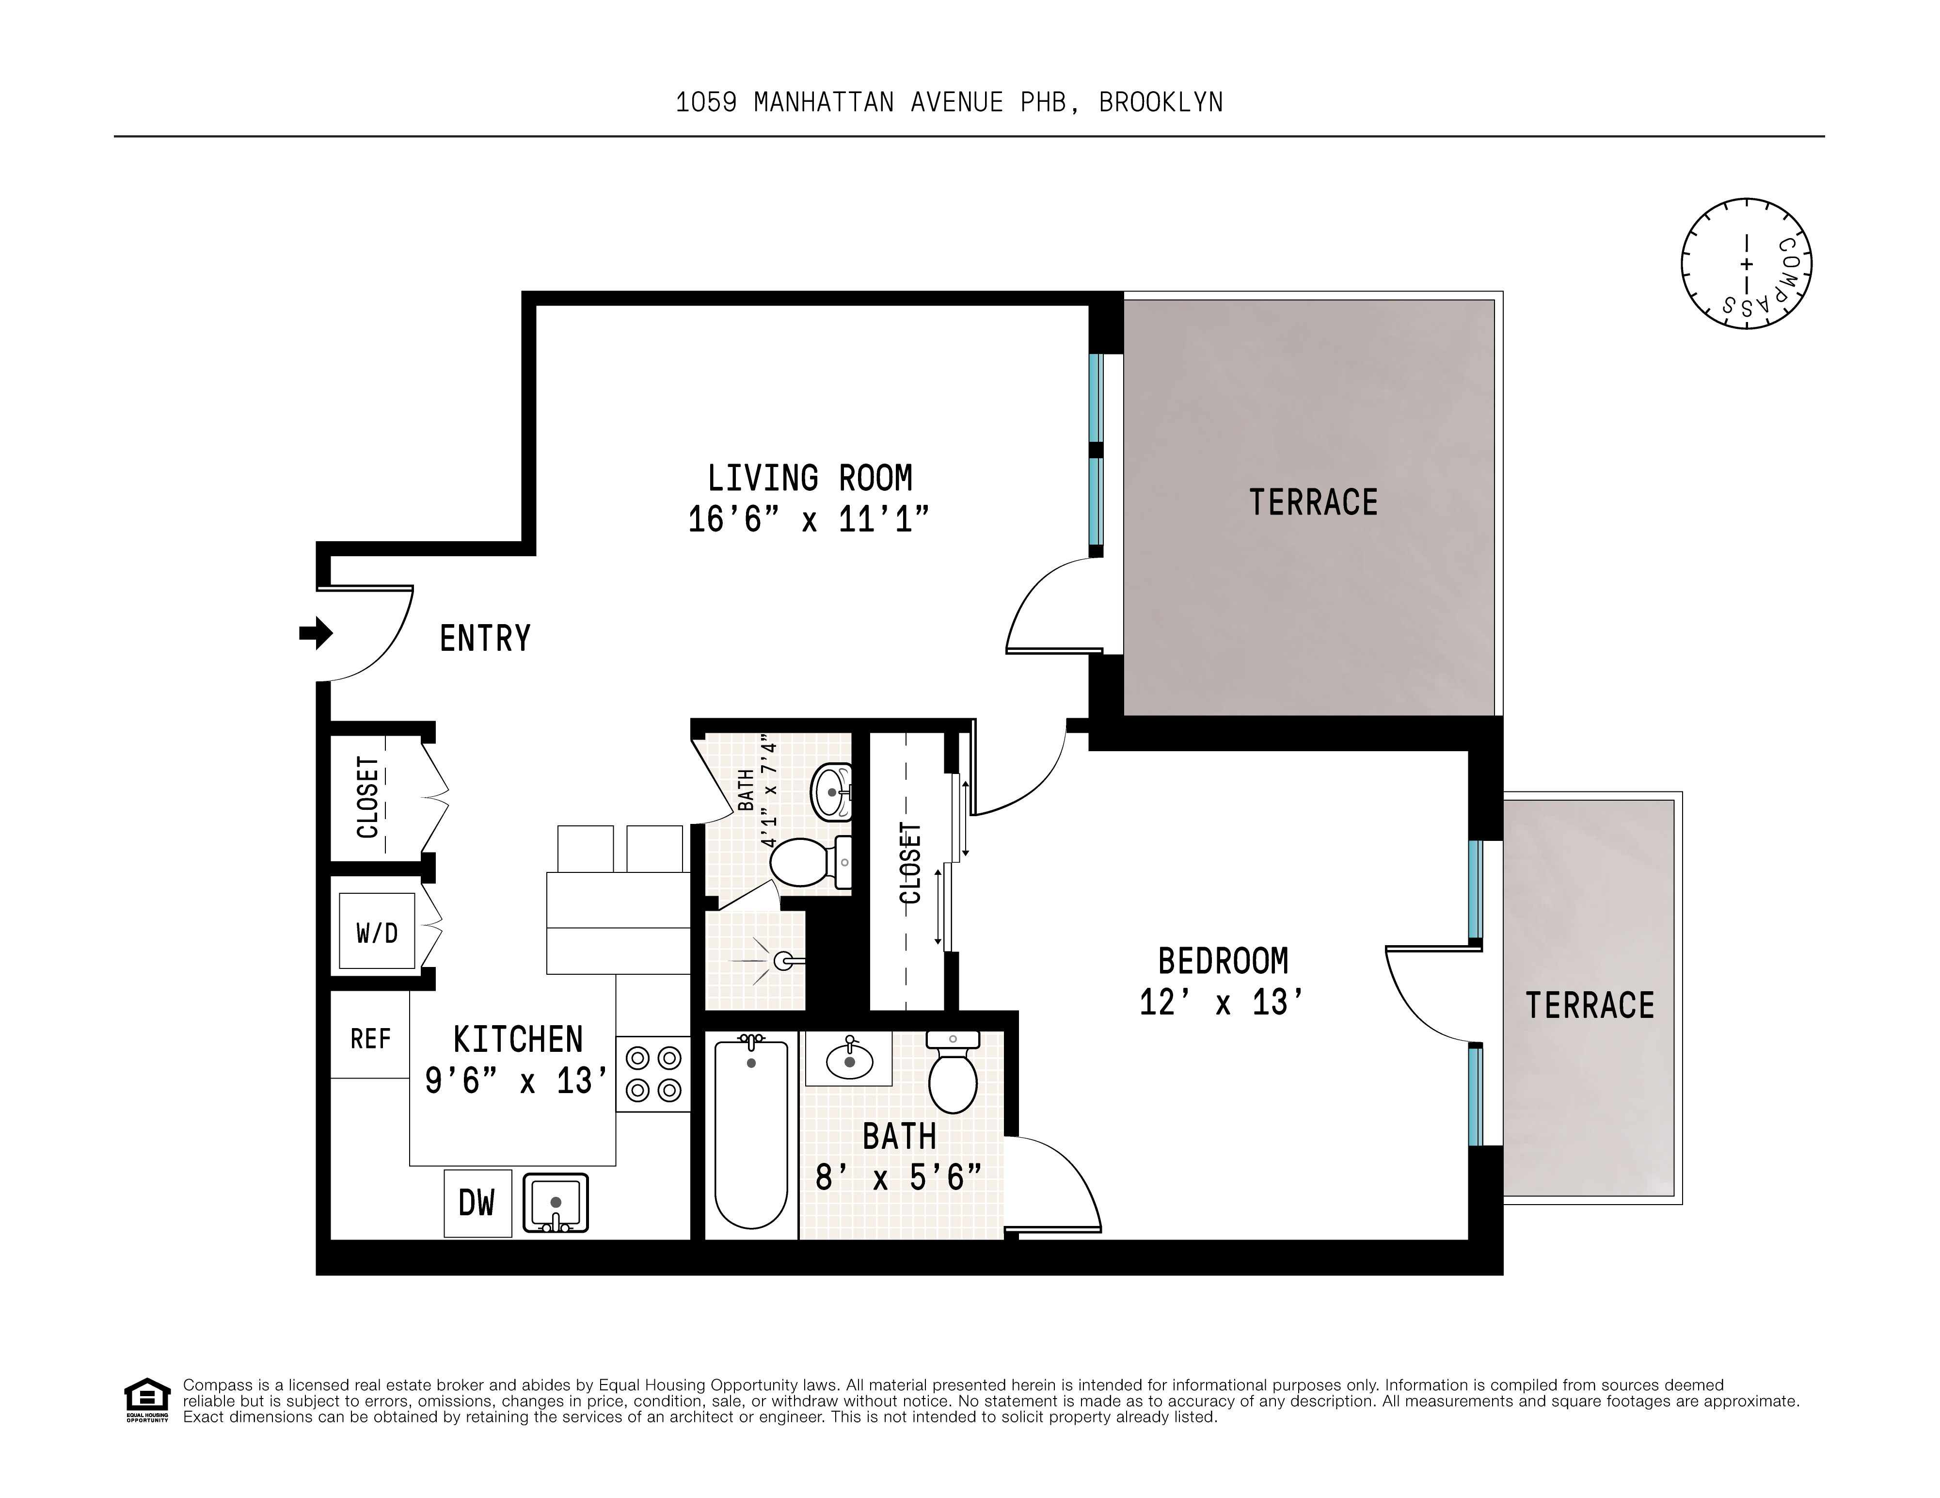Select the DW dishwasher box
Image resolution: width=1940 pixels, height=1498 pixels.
tap(477, 1203)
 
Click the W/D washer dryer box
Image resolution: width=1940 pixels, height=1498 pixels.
tap(377, 932)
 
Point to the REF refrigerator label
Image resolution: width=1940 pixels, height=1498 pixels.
tap(370, 1039)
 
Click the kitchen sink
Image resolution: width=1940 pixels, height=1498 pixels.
tap(555, 1203)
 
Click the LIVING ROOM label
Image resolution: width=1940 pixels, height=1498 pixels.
tap(809, 478)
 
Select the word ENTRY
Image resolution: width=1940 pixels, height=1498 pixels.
tap(485, 638)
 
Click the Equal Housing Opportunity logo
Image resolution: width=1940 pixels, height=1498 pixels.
tap(146, 1400)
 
